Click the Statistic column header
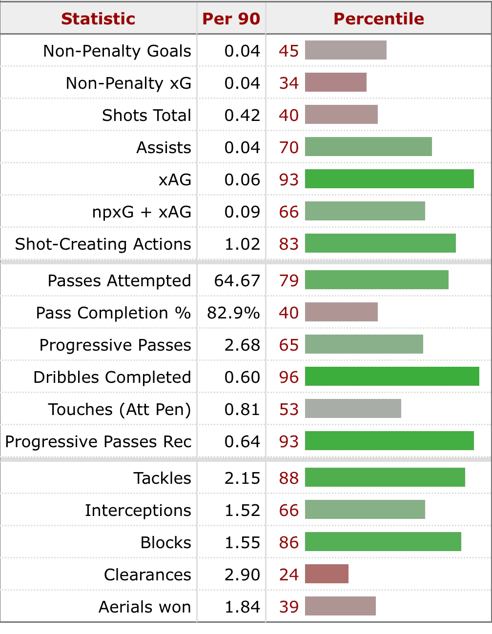98,19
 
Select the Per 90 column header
231,19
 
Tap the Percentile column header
379,19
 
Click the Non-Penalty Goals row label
117,51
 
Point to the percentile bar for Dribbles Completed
392,377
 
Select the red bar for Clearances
327,575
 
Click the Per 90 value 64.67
237,280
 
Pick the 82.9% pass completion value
233,313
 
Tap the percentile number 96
288,377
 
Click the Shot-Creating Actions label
103,244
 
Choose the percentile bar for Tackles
385,478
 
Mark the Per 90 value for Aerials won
242,607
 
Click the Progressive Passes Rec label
98,441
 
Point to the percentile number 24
288,575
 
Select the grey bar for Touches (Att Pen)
353,409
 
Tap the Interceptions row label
138,510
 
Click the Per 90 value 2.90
242,575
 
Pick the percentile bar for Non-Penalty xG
335,83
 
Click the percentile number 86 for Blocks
288,542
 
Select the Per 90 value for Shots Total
242,115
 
